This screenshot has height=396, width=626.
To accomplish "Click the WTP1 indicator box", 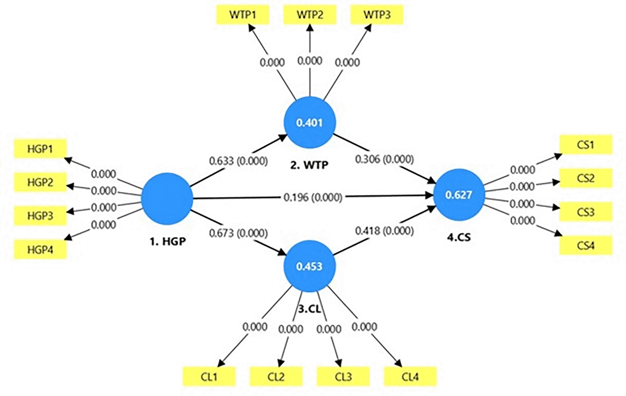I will click(x=242, y=15).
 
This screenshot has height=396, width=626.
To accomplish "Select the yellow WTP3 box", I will click(x=377, y=15).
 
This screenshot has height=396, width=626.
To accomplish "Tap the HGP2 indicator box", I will click(x=40, y=182).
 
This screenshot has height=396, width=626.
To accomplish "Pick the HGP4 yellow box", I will click(x=40, y=249).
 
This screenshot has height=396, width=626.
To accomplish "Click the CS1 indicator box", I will click(x=586, y=145).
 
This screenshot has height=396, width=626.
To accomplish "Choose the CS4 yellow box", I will click(x=586, y=246).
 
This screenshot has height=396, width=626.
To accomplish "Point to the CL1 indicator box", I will click(x=209, y=376).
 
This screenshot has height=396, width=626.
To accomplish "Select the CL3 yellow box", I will click(x=343, y=376).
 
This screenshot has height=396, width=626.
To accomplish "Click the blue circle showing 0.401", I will click(x=310, y=122).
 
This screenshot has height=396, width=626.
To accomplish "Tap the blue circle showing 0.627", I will click(x=459, y=195).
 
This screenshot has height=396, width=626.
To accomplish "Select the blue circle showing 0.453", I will click(x=310, y=266).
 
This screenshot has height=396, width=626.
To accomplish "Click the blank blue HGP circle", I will click(x=167, y=199).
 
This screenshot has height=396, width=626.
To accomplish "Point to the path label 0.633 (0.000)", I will click(x=239, y=161).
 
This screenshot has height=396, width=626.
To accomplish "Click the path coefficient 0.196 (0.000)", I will click(x=313, y=197).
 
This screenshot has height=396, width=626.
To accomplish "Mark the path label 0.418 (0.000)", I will click(x=384, y=231).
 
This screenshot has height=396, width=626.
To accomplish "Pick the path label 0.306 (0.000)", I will click(x=384, y=159).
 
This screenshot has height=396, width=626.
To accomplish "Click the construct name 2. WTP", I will click(x=310, y=165).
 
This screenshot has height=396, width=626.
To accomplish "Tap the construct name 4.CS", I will click(x=459, y=237).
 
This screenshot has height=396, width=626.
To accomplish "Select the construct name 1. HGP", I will click(x=168, y=241).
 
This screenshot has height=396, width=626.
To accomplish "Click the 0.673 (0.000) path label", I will click(x=239, y=233).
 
